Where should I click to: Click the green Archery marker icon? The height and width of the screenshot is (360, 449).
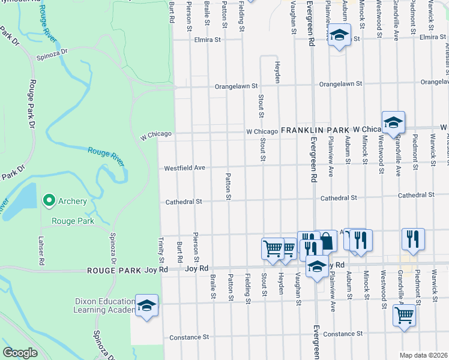click(47, 201)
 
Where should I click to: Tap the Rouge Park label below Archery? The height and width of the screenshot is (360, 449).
click(72, 221)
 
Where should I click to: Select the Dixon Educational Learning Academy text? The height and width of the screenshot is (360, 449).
click(103, 305)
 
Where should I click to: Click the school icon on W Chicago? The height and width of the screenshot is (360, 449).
click(393, 122)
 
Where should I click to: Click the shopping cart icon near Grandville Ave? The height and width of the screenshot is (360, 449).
click(405, 314)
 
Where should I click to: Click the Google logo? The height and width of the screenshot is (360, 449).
click(20, 353)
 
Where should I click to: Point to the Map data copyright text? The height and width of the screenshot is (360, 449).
click(423, 355)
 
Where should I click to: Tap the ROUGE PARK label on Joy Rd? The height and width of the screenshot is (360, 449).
click(113, 270)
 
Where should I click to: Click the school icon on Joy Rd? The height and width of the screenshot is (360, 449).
click(317, 266)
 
